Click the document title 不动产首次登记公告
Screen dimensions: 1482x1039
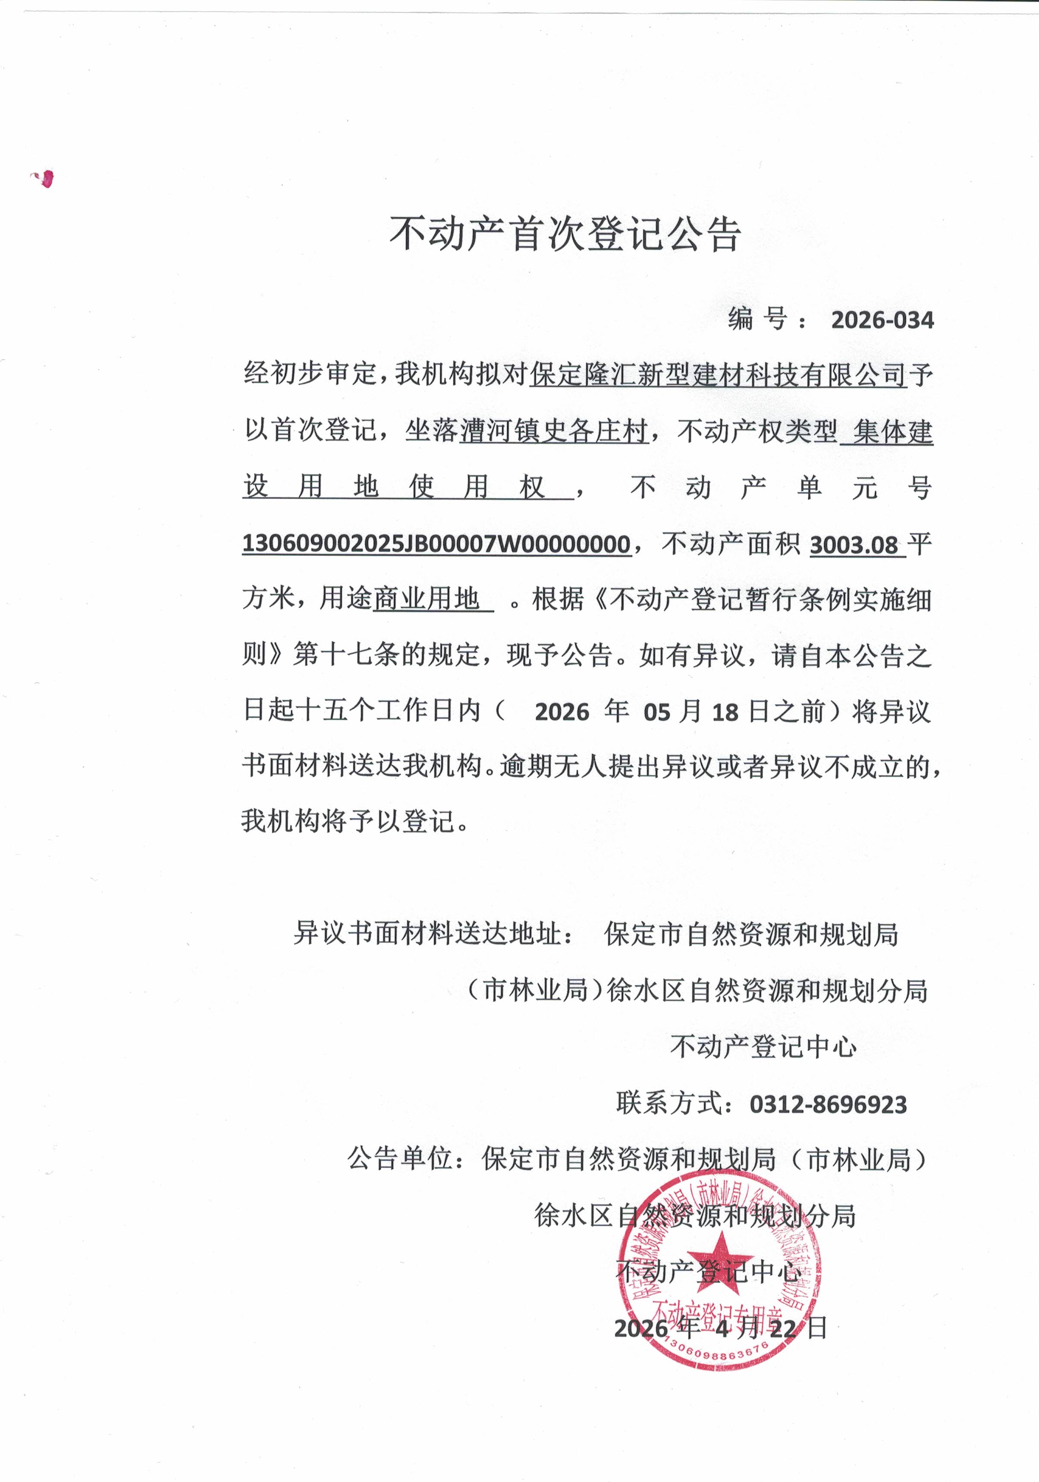pyautogui.click(x=565, y=234)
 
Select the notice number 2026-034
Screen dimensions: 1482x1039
pyautogui.click(x=882, y=320)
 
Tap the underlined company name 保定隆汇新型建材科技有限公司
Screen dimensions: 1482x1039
pyautogui.click(x=718, y=375)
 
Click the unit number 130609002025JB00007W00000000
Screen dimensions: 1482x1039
pyautogui.click(x=436, y=544)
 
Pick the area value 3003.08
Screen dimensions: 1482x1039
pyautogui.click(x=854, y=546)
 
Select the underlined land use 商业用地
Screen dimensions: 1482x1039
pyautogui.click(x=426, y=600)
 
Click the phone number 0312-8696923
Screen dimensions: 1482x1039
pyautogui.click(x=828, y=1105)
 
